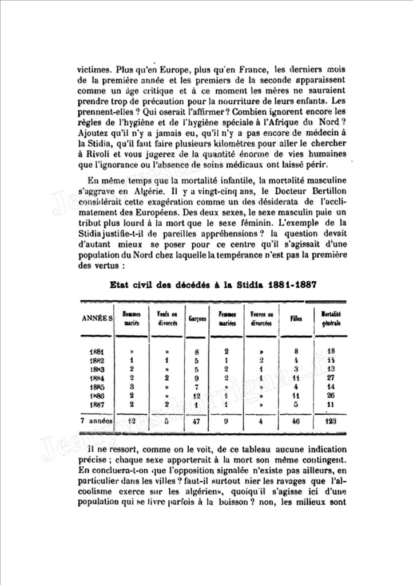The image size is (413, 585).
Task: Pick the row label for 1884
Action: (x=96, y=378)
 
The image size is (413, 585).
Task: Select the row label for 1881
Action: (x=96, y=351)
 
